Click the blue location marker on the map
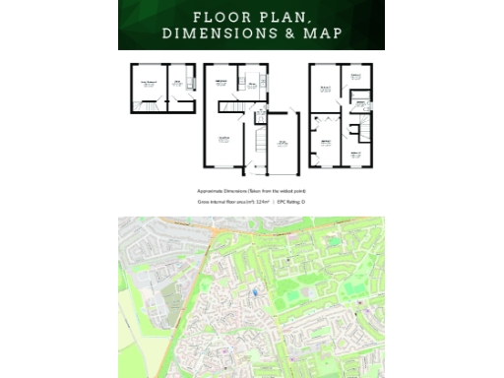(x=254, y=289)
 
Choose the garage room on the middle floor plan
(x=282, y=142)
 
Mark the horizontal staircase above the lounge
(x=228, y=106)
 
